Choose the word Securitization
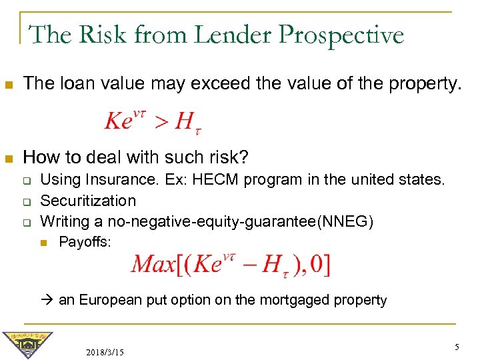point(88,201)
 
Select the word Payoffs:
point(85,242)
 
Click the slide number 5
point(457,347)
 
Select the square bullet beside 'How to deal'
point(9,159)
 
